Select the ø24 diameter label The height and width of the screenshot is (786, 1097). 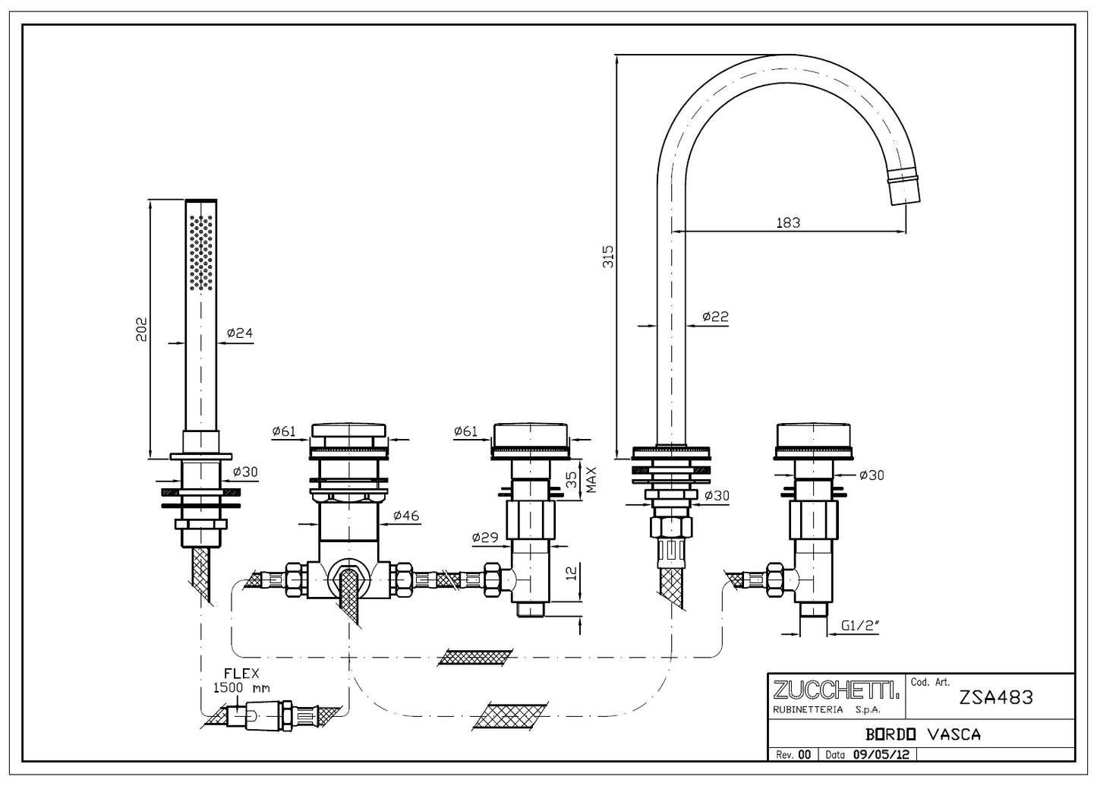[x=239, y=333]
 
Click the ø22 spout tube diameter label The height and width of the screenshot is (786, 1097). [x=714, y=316]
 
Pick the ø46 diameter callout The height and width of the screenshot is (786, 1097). [x=408, y=516]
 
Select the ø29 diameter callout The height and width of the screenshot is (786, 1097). [x=484, y=538]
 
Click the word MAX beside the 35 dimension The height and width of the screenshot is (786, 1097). [x=591, y=479]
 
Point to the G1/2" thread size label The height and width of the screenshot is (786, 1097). [x=861, y=627]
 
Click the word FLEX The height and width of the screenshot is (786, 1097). [x=241, y=673]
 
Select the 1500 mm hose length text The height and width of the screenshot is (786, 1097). [x=241, y=687]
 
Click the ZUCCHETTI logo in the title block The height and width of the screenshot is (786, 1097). [x=836, y=690]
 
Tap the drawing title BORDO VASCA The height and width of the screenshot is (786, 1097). [x=923, y=734]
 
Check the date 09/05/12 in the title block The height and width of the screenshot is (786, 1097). [x=883, y=755]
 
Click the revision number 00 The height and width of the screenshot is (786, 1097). [x=805, y=755]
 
